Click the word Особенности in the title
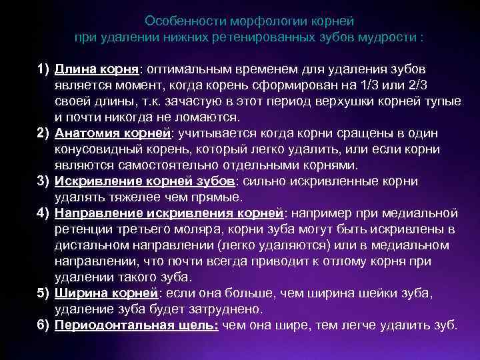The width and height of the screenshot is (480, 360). click(x=175, y=21)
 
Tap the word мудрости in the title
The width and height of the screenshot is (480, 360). click(x=392, y=37)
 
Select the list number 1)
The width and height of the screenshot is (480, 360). click(x=44, y=69)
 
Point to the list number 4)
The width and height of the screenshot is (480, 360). click(x=44, y=213)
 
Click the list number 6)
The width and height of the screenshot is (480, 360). click(x=44, y=325)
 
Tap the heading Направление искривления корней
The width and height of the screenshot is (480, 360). click(x=169, y=213)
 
